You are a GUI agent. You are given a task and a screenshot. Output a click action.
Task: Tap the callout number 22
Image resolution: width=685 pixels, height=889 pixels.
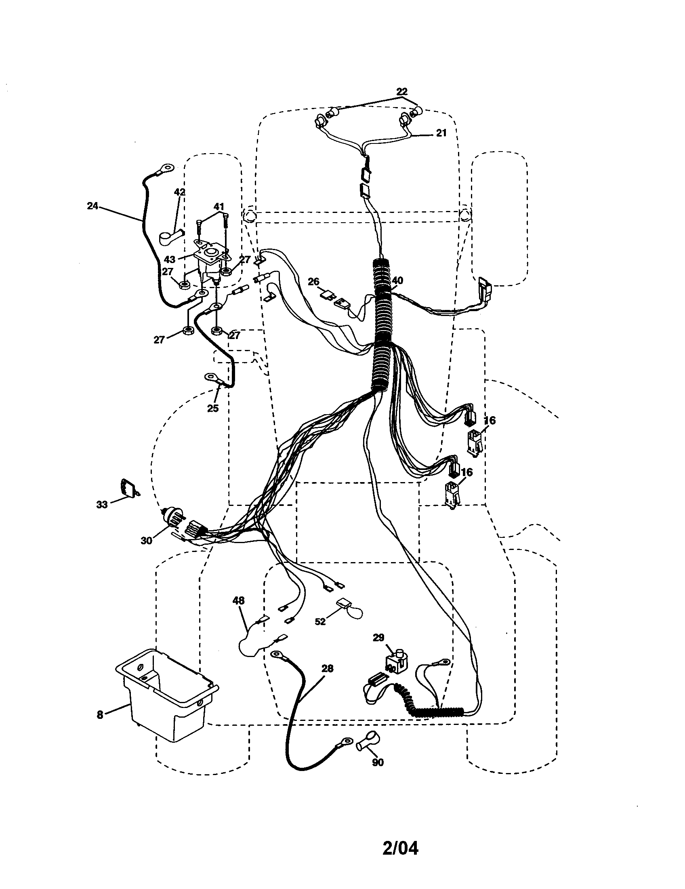(401, 92)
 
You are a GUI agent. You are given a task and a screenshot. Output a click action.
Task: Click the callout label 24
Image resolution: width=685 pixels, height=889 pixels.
(92, 206)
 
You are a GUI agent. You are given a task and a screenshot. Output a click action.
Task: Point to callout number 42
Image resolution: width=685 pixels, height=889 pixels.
(179, 192)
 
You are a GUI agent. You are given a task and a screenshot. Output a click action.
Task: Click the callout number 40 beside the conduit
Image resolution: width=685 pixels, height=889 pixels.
(397, 280)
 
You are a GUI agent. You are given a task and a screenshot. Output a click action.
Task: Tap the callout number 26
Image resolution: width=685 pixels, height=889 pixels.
(313, 282)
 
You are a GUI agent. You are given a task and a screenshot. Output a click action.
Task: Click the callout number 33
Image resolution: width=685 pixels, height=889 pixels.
(102, 505)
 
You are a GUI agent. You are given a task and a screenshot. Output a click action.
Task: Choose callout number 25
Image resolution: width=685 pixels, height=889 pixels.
(213, 408)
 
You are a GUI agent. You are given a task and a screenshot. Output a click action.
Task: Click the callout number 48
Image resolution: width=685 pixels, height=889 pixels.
(239, 600)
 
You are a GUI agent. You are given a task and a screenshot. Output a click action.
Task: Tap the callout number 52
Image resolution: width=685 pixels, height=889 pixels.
(321, 621)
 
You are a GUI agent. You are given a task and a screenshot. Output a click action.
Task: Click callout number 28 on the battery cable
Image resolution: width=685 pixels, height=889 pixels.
(327, 668)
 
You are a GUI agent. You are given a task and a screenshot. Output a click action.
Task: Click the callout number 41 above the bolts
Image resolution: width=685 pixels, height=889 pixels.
(219, 207)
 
